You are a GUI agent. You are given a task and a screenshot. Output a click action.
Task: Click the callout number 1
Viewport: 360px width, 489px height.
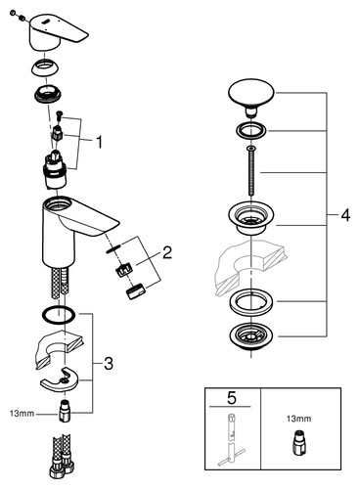[x=99, y=143]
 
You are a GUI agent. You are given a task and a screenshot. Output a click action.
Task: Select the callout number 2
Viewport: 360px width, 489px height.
[x=167, y=252]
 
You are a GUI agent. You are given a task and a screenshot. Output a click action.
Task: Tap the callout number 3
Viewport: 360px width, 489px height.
[x=109, y=364]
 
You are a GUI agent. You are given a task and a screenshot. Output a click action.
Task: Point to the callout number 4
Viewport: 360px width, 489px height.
[x=345, y=215]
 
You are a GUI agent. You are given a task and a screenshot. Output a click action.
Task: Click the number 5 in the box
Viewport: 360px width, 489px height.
[x=232, y=398]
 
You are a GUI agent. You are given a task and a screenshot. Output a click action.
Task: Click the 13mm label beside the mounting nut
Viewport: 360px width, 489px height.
[x=22, y=414]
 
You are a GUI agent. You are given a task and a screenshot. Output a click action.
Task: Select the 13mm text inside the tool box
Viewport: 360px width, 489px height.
[x=298, y=419]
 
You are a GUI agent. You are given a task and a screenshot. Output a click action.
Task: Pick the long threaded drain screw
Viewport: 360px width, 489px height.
[x=250, y=171]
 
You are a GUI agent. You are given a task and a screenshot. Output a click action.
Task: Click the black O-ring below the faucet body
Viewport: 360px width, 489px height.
[x=59, y=315]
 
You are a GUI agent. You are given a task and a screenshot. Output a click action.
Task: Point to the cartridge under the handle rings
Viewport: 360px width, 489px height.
[x=55, y=170]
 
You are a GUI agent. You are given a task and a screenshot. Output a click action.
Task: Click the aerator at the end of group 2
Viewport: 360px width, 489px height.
[x=135, y=290]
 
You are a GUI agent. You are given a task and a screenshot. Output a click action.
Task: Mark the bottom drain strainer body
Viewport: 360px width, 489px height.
[x=251, y=336]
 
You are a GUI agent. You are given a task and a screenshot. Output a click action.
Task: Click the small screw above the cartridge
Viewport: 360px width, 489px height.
[x=60, y=114]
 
